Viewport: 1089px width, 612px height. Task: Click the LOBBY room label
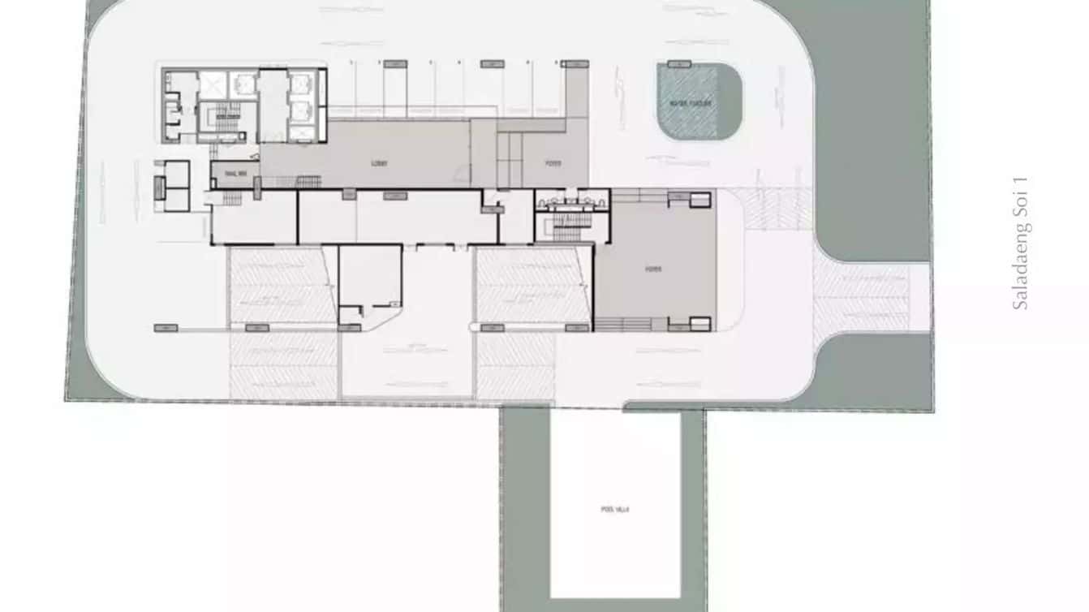(x=379, y=163)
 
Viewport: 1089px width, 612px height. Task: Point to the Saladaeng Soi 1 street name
(x=1021, y=243)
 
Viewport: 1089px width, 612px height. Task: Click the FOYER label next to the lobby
(x=553, y=163)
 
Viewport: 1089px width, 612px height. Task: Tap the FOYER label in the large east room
(x=653, y=269)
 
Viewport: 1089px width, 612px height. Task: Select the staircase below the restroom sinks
(x=571, y=222)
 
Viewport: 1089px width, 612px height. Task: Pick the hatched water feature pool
(x=688, y=101)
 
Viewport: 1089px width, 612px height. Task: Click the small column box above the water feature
(x=678, y=63)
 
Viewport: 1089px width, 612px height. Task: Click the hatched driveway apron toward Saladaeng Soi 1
(x=862, y=297)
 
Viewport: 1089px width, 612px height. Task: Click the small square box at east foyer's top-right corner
(x=700, y=199)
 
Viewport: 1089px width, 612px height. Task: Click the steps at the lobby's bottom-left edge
(x=308, y=181)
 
